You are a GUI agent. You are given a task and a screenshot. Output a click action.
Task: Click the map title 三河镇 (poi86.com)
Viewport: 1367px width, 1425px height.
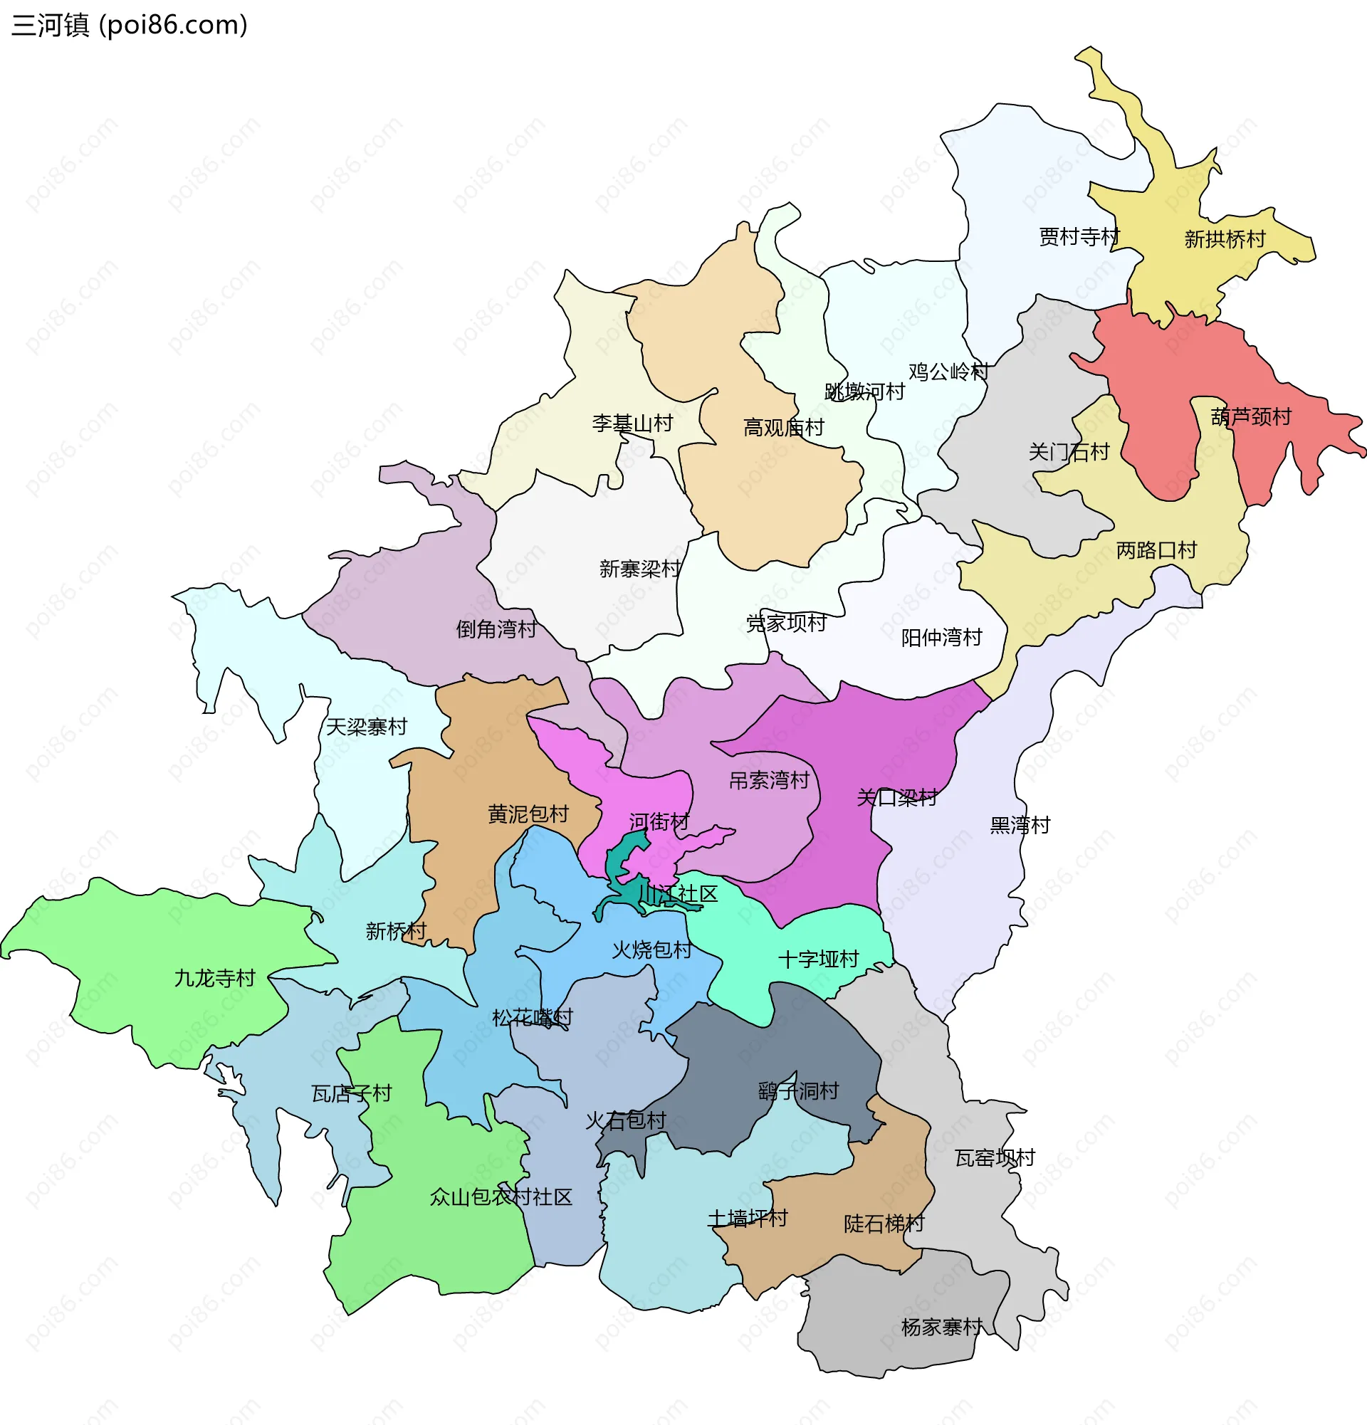coord(130,26)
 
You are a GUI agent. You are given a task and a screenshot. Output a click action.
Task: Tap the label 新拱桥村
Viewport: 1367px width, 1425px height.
coord(1225,239)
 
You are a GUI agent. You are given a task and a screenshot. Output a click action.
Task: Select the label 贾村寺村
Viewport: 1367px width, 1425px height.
coord(1079,237)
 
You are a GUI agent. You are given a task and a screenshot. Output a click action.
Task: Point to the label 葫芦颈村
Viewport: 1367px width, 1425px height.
coord(1251,416)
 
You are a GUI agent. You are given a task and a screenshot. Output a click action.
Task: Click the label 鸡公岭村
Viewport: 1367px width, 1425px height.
coord(948,372)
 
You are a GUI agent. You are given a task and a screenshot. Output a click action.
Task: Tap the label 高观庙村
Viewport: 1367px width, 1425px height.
coord(783,428)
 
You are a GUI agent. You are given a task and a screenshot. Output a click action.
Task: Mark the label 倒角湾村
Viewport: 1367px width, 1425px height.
coord(496,629)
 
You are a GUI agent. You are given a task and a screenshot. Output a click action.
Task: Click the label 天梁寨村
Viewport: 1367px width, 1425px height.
coord(366,726)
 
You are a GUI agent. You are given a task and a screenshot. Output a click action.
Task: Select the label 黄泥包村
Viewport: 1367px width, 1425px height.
coord(528,814)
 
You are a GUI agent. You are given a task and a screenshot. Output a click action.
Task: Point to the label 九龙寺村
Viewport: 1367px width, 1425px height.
coord(214,978)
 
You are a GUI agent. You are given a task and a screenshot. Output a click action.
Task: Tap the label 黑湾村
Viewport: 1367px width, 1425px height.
coord(1020,825)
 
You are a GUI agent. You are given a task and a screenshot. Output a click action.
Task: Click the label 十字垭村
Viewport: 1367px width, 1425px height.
coord(818,959)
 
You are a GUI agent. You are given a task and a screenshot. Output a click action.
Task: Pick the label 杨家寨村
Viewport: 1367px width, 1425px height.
coord(942,1327)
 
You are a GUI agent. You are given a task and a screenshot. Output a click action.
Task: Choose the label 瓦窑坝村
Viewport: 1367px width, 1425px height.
coord(994,1157)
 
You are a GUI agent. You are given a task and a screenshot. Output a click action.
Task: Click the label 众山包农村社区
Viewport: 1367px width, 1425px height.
coord(501,1197)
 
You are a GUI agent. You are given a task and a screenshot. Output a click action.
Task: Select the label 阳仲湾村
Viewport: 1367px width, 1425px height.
coord(941,638)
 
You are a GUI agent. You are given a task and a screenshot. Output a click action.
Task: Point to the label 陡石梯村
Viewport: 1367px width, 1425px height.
coord(884,1224)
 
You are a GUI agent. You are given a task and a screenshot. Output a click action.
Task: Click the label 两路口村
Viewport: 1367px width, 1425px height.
coord(1156,550)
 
